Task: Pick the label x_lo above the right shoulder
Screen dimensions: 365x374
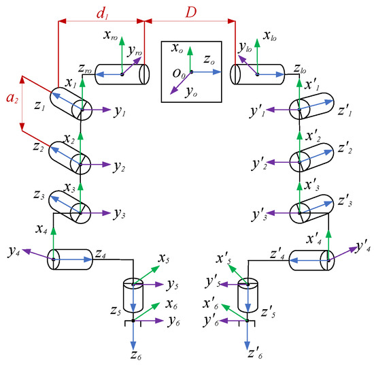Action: tap(270, 36)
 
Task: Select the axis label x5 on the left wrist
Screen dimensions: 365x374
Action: tap(163, 259)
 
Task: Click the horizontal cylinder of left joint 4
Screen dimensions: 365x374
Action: tap(71, 259)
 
